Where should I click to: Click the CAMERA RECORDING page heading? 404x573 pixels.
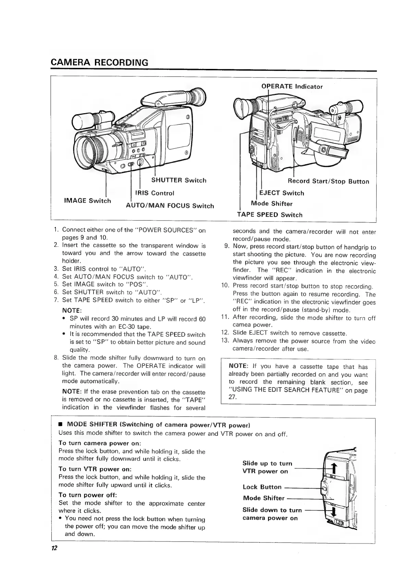[99, 63]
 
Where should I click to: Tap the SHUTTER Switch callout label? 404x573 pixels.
[179, 180]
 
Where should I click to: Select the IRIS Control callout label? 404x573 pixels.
[155, 193]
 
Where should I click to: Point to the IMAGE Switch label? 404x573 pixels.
[88, 201]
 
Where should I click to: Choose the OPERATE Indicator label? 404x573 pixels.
[292, 86]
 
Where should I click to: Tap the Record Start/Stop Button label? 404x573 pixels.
[328, 181]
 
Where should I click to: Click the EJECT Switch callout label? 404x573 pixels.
[282, 193]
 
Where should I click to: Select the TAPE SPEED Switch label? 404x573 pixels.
[270, 215]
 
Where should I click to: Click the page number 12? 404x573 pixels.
[53, 548]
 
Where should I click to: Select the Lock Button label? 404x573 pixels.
[262, 487]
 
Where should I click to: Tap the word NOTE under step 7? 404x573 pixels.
[71, 311]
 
